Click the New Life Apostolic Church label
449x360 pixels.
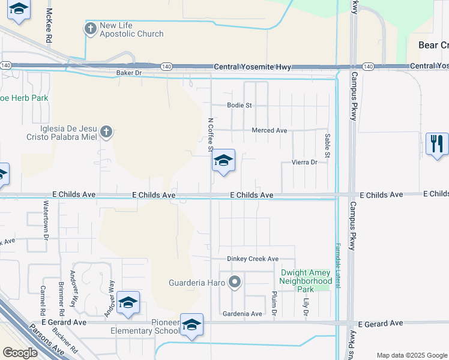131,29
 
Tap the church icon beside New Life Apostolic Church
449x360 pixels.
91,29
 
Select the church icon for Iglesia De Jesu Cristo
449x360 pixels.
106,132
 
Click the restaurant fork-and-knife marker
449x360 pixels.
437,144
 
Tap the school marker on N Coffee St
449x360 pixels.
223,161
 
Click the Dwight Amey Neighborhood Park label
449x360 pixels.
306,281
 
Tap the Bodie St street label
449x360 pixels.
239,105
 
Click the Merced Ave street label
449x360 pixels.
270,130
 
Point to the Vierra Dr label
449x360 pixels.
304,163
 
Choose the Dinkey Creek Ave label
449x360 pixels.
253,259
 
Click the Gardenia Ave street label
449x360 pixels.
242,314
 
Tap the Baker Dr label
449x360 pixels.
128,73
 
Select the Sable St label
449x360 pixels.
328,146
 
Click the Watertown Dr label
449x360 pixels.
46,220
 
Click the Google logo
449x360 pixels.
20,353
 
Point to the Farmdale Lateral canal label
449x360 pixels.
337,263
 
